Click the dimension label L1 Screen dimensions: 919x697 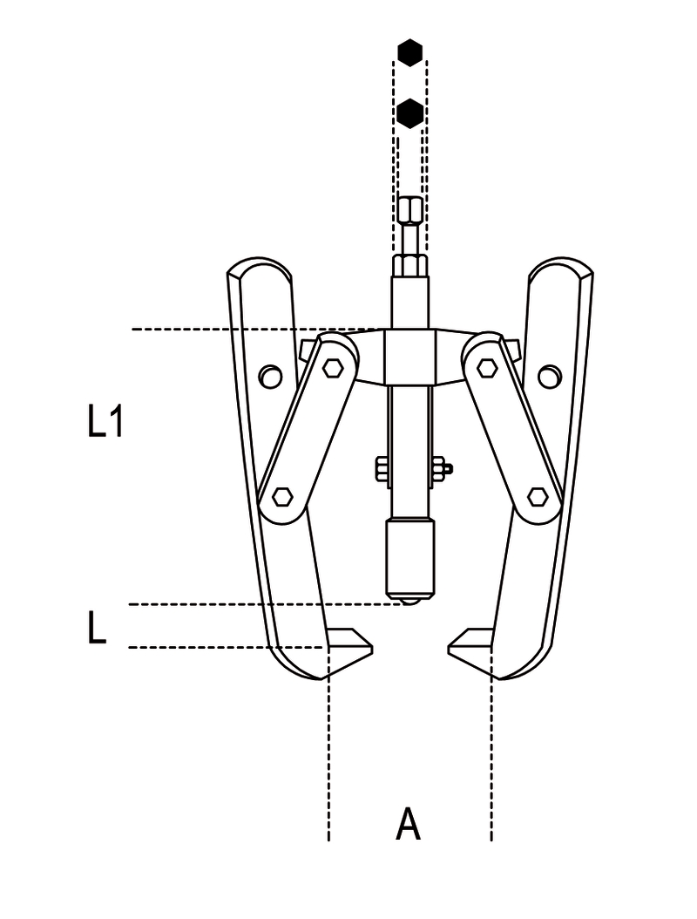tap(105, 424)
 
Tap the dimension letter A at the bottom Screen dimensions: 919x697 tap(408, 824)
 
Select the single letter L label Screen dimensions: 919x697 tap(97, 629)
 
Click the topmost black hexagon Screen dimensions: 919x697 tap(409, 52)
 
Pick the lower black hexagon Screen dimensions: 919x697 tap(409, 112)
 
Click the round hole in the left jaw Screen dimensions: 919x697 tap(271, 377)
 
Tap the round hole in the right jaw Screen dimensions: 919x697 tap(548, 377)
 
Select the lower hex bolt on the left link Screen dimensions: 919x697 tap(281, 498)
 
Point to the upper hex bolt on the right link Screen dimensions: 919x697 tap(487, 368)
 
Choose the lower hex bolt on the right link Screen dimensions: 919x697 tap(538, 498)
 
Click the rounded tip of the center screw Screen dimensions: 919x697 tap(409, 600)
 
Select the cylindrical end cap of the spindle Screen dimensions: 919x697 tap(409, 555)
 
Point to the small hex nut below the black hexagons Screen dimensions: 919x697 tap(409, 210)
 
